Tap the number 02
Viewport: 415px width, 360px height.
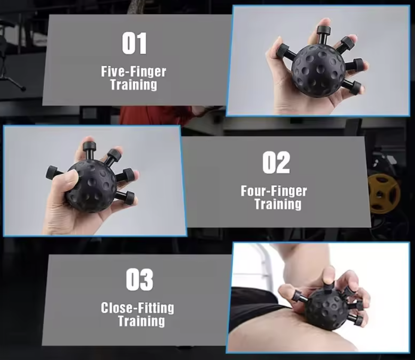click(276, 163)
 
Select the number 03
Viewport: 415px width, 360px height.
click(140, 280)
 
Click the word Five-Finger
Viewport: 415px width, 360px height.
click(134, 71)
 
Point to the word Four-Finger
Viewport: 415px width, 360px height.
click(274, 190)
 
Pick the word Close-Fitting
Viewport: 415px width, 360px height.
click(137, 308)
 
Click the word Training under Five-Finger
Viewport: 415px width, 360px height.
click(134, 84)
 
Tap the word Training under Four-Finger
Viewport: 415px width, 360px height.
click(278, 204)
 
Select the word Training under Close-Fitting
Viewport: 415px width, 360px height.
click(141, 321)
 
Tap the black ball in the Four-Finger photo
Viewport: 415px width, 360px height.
click(91, 186)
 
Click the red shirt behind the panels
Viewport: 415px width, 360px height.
click(155, 115)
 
